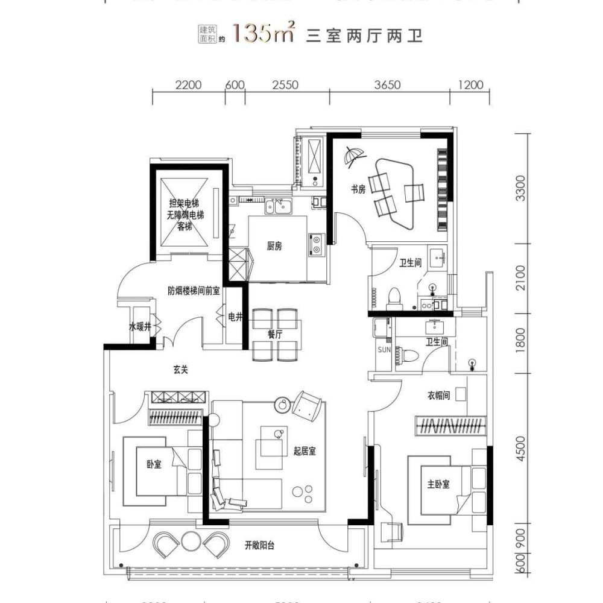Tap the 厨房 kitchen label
tap(275, 246)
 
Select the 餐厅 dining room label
tap(275, 335)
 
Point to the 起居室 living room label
tap(305, 452)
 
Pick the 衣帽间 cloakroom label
tap(439, 396)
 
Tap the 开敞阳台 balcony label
tap(260, 546)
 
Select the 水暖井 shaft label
tap(138, 327)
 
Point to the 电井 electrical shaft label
tap(235, 317)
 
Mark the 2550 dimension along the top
tap(285, 85)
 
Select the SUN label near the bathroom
tap(384, 349)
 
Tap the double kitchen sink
tap(280, 207)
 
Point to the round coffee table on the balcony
tap(191, 541)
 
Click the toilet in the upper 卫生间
tap(395, 298)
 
